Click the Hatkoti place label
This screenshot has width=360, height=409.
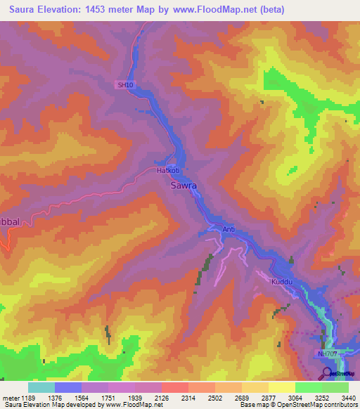click(x=168, y=170)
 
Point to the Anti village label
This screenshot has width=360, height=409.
click(x=229, y=229)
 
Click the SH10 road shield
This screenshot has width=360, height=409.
click(x=125, y=85)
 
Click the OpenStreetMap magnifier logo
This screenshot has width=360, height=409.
click(x=328, y=373)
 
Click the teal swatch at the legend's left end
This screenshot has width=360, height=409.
click(x=41, y=387)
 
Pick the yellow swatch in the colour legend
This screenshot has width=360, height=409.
click(x=281, y=387)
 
